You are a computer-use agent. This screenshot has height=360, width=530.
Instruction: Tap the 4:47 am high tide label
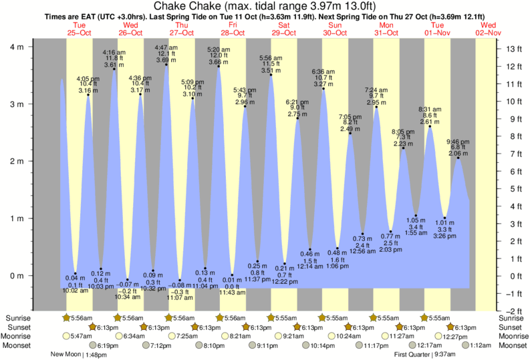click(x=166, y=47)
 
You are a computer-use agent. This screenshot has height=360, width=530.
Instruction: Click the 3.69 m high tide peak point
click(x=166, y=64)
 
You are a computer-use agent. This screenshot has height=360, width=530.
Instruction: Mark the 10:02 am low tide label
click(x=75, y=290)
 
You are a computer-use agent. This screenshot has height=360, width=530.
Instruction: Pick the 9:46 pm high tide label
click(x=458, y=142)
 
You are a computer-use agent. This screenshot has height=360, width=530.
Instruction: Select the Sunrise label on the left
click(x=17, y=318)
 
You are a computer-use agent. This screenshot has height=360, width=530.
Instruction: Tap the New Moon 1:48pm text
click(x=80, y=355)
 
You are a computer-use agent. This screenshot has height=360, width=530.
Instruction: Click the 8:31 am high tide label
click(x=430, y=109)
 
